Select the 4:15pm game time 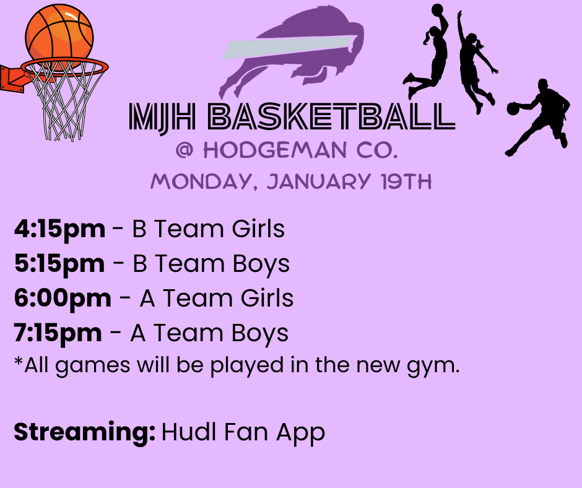pos(59,229)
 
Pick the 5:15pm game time pos(59,264)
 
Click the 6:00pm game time pos(63,298)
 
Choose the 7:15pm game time pos(58,333)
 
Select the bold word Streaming pos(84,432)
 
